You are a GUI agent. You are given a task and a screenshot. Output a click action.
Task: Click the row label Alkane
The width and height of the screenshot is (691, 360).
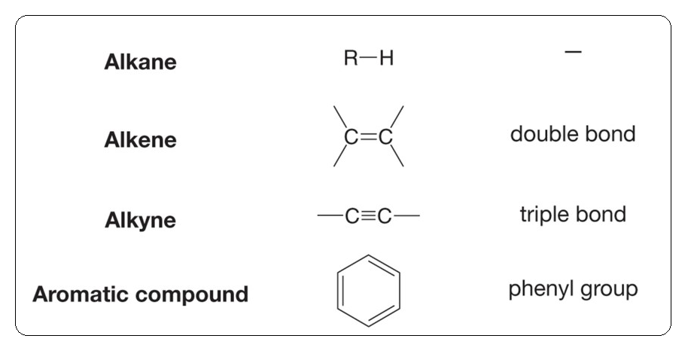(140, 62)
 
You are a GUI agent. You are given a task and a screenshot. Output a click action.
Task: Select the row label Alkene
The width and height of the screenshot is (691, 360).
(140, 140)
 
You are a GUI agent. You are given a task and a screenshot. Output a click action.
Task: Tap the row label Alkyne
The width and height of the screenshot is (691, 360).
(140, 221)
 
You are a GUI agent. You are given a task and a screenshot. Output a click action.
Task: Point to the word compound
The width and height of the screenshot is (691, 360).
(200, 294)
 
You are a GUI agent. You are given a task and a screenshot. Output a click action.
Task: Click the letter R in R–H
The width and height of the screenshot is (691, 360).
(351, 59)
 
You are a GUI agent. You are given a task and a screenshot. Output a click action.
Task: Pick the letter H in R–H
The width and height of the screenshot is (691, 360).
(386, 59)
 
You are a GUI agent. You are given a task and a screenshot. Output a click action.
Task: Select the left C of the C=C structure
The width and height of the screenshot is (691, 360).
(351, 136)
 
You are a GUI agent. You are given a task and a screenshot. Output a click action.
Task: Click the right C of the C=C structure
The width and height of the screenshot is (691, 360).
(385, 136)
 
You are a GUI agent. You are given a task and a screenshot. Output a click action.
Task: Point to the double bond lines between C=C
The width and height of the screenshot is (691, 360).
(368, 136)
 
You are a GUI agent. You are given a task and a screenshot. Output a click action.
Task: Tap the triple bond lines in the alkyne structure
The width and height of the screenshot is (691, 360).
(368, 216)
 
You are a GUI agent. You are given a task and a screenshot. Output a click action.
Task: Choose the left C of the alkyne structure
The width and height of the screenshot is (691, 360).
(352, 216)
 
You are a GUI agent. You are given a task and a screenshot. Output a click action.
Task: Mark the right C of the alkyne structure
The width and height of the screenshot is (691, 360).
(385, 216)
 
